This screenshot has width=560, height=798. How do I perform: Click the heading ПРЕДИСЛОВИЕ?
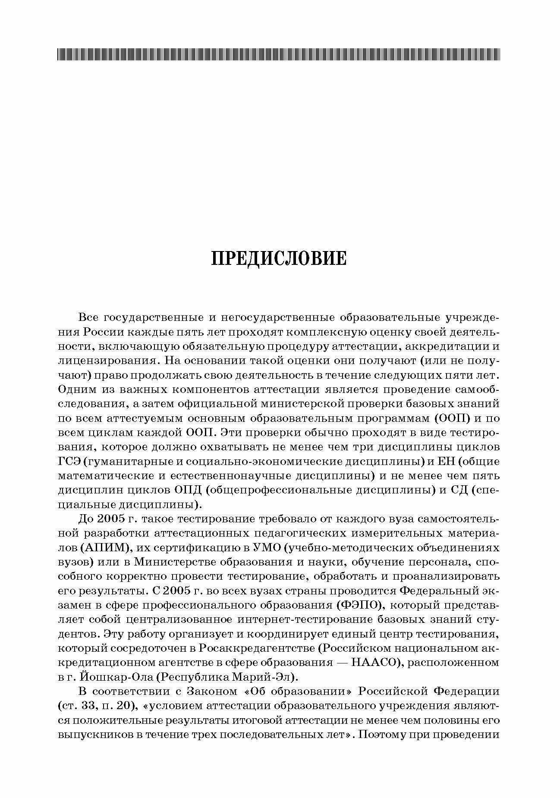click(x=279, y=258)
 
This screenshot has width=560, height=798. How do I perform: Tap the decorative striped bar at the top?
click(x=279, y=54)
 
